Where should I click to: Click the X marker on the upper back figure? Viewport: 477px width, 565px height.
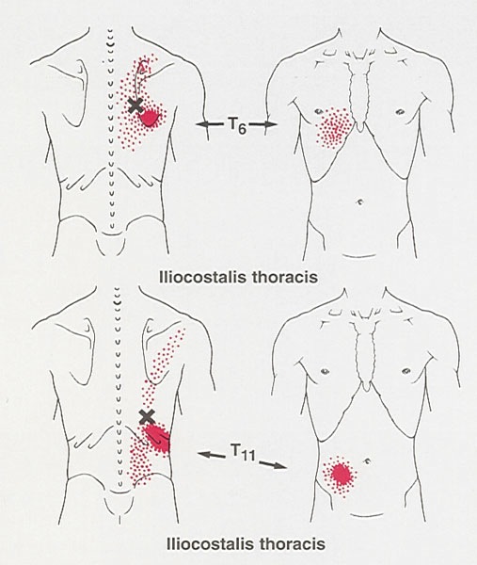click(135, 105)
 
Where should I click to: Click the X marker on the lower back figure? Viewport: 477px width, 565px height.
click(147, 416)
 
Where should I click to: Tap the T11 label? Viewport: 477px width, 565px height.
click(243, 453)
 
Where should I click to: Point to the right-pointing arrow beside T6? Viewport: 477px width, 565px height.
click(262, 124)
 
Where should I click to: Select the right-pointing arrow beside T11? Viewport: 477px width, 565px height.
click(273, 464)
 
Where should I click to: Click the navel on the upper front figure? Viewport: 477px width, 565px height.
click(359, 202)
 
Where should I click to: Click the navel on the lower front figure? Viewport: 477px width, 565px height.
click(368, 460)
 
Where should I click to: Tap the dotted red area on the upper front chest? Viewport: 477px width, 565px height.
click(334, 127)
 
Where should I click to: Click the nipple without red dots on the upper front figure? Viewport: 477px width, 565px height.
click(399, 112)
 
